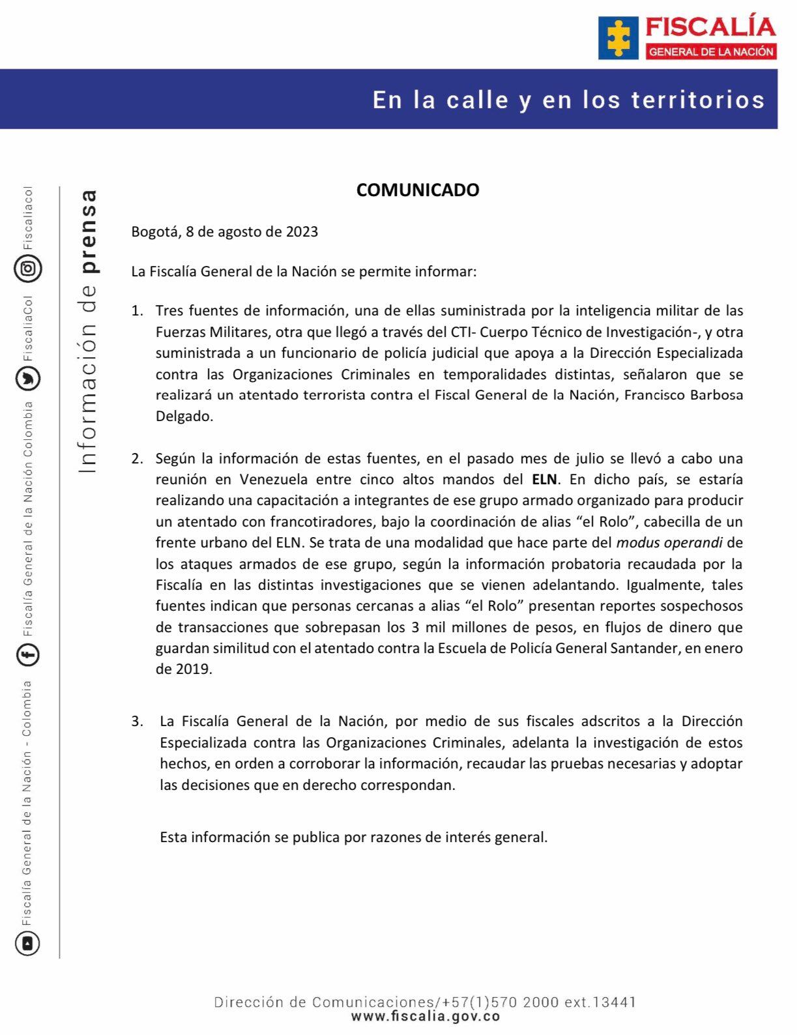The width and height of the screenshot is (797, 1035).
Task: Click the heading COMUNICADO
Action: (417, 190)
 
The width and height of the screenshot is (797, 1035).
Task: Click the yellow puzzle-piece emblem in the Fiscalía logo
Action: (618, 38)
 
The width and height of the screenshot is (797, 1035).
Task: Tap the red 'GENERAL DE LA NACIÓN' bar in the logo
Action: (711, 52)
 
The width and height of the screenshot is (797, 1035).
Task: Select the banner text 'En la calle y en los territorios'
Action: (568, 100)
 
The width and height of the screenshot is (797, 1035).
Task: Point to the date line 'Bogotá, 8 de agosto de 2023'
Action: (224, 231)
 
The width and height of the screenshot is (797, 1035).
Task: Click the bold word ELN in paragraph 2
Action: (544, 480)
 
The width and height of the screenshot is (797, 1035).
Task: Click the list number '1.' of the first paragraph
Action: (138, 311)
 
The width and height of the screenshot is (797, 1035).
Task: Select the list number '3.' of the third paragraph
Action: (138, 722)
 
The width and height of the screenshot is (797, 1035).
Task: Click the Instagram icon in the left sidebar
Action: (28, 269)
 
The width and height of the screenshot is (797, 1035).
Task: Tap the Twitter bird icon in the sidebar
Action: (28, 379)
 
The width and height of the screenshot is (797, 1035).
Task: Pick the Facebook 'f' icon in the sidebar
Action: (28, 654)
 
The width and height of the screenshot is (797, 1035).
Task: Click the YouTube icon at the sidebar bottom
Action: (28, 942)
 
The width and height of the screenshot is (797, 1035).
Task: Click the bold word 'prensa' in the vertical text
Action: (87, 231)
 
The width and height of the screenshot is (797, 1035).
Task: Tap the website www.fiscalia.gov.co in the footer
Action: (425, 1016)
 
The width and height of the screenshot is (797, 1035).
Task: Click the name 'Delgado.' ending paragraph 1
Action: (184, 416)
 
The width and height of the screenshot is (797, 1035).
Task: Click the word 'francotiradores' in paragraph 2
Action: (322, 521)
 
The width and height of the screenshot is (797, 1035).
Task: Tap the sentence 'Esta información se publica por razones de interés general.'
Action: (354, 837)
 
